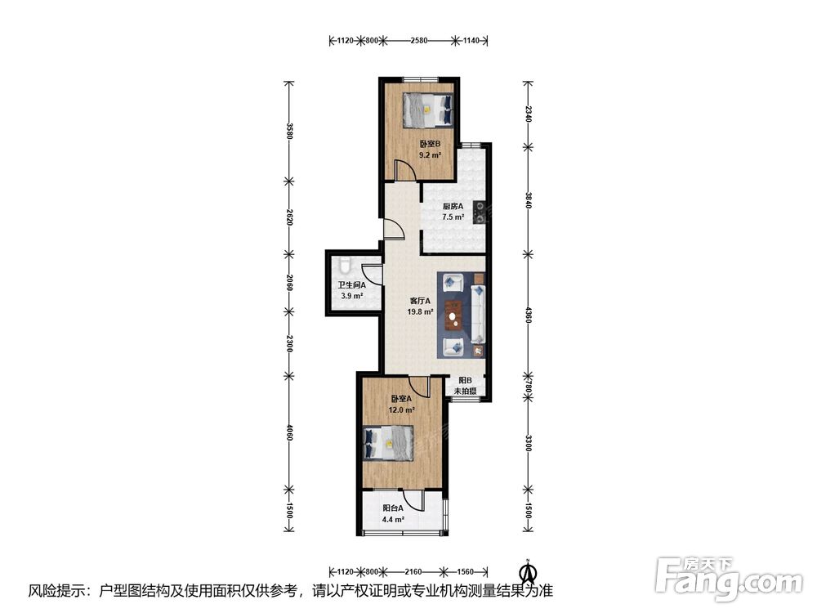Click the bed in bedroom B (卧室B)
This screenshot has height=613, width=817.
point(427,110)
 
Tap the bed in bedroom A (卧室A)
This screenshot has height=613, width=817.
point(389,443)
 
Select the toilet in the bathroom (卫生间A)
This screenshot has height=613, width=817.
point(344,265)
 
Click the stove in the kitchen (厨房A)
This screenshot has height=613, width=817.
point(480,213)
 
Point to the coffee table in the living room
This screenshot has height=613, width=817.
point(454,315)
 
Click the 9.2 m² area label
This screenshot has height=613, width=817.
point(431,154)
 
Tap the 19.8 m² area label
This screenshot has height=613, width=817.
point(420,311)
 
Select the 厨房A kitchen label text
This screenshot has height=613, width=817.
point(453,206)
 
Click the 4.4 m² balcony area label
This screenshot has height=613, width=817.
point(394,519)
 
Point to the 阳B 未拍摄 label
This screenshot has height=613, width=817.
point(466,386)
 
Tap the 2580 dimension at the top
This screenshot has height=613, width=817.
point(419,40)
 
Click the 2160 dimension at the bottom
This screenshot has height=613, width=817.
point(413,571)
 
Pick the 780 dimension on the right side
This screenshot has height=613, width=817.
point(529,387)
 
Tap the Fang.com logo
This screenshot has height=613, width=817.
point(729,578)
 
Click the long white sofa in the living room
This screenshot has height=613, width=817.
point(478,315)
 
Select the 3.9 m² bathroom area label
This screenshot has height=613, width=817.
point(351,296)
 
